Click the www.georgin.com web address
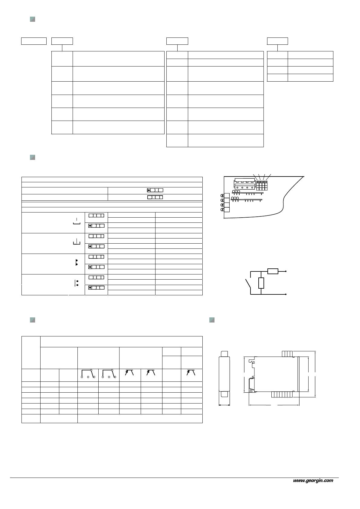313,480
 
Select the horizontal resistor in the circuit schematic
273,271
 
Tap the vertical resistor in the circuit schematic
261,283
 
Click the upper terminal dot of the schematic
286,271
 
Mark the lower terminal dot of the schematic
286,294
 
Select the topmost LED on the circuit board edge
222,196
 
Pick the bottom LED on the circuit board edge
222,210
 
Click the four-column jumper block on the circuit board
262,185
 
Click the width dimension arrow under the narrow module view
224,405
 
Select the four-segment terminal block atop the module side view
287,354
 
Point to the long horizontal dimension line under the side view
274,405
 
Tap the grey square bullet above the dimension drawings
212,320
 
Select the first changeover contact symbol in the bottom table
88,374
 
